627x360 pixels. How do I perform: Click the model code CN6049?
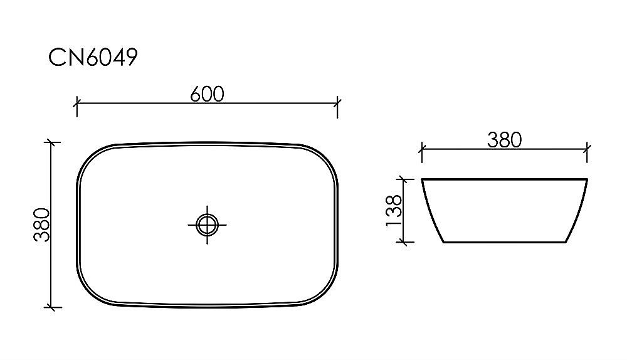(x=93, y=58)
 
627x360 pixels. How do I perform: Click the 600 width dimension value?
(x=207, y=93)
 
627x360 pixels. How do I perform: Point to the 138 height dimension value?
(x=394, y=211)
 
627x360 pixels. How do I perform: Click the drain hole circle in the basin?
(x=207, y=224)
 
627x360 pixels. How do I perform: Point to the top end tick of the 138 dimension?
(x=408, y=179)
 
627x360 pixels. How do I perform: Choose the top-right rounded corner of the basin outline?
(x=325, y=156)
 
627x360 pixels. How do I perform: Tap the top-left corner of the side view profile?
(x=423, y=180)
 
